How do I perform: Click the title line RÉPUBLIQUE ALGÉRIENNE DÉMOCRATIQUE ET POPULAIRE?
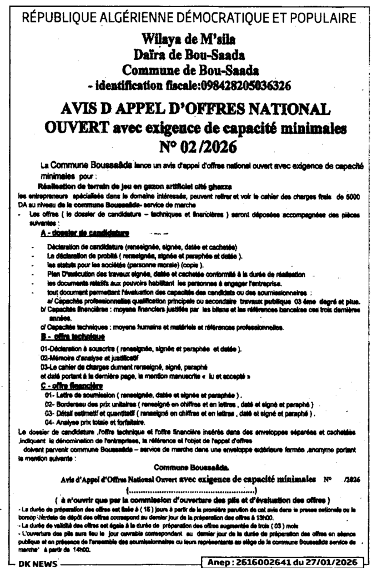[187, 18]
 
